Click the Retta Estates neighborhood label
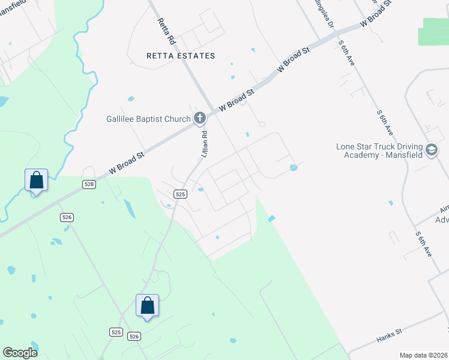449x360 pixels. [181, 56]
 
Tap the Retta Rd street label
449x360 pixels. [166, 32]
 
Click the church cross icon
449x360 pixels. [200, 119]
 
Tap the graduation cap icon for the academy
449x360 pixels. [431, 150]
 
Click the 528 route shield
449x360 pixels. [89, 184]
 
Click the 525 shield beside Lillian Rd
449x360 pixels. [181, 194]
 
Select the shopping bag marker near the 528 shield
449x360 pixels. [35, 180]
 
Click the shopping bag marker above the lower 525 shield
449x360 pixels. [147, 305]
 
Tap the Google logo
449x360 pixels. [20, 353]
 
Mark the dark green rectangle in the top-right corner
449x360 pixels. [436, 31]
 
